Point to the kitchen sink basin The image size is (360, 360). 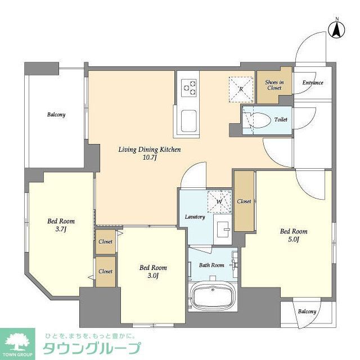point(188,120)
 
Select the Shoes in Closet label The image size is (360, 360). point(274,85)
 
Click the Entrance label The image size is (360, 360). point(312,83)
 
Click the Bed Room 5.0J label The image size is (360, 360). point(293,235)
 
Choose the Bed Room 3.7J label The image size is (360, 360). point(61,225)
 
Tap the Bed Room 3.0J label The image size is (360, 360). point(153,272)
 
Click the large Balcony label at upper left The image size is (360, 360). point(56,115)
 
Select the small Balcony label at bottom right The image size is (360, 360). point(307,311)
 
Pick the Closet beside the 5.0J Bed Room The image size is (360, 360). point(244,201)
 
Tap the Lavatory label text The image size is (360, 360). point(195,217)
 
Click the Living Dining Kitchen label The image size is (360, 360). point(149,150)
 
